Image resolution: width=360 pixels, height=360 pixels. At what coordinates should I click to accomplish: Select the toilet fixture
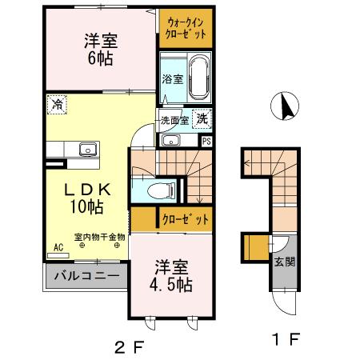(x=162, y=190)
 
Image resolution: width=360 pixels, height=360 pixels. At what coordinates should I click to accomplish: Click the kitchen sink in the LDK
(x=84, y=150)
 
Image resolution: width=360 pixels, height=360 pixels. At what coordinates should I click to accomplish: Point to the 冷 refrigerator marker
(x=57, y=103)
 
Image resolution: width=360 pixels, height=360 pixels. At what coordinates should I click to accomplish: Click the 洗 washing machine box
(x=202, y=118)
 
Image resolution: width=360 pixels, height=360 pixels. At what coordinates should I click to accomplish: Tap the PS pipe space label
(x=206, y=141)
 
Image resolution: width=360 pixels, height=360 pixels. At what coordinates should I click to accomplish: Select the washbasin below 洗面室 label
(x=170, y=141)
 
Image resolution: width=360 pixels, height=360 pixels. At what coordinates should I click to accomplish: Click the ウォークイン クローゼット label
(x=186, y=28)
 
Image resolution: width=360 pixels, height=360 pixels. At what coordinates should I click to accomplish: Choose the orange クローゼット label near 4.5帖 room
(x=186, y=218)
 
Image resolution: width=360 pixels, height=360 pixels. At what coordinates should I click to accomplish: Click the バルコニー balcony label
(x=86, y=277)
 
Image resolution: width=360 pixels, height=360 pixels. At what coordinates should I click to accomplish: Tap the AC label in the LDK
(x=58, y=247)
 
